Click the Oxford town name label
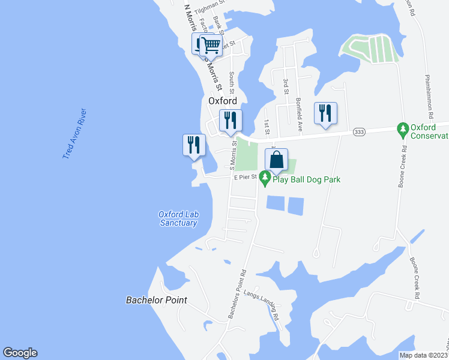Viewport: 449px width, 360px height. point(222,101)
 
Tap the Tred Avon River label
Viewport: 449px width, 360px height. point(75,134)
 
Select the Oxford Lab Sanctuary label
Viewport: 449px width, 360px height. point(178,218)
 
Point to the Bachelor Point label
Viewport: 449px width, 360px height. point(157,300)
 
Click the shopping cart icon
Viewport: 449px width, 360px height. point(211,44)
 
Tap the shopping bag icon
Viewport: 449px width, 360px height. point(276,160)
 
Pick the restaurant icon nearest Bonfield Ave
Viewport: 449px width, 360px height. point(325,113)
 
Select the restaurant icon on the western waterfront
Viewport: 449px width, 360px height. point(194,145)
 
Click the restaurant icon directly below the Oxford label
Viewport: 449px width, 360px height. point(231,121)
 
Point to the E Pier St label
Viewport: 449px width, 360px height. point(245,177)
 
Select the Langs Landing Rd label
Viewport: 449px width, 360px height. point(267,302)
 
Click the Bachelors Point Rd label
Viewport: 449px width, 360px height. point(237,292)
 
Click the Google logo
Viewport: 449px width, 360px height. point(20,353)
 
